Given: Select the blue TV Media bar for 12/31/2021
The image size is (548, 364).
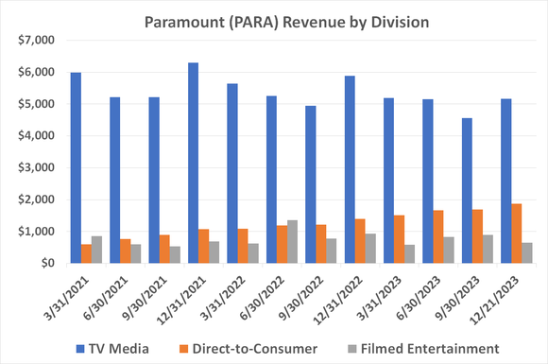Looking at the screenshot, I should click(194, 163).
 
